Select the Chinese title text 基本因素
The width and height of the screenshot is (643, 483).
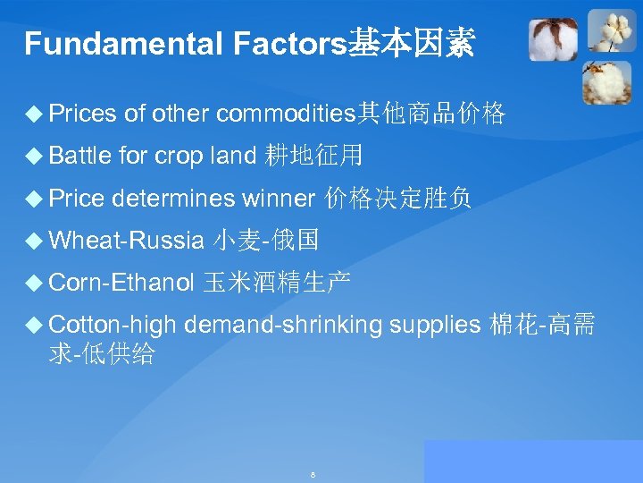[411, 42]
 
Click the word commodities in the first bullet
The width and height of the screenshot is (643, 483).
[286, 114]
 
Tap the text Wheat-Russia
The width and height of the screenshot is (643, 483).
[126, 241]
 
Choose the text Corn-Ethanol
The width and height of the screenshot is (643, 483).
[121, 284]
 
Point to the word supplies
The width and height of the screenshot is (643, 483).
[435, 326]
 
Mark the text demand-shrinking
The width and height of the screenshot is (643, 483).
[282, 326]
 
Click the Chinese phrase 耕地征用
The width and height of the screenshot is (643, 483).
[314, 157]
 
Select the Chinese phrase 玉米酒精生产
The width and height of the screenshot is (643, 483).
[276, 284]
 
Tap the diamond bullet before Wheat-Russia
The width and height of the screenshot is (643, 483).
[35, 241]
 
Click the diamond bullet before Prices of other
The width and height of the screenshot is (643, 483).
[35, 114]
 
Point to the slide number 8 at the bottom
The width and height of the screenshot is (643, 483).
[313, 474]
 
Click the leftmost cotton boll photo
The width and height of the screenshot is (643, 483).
[553, 40]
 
